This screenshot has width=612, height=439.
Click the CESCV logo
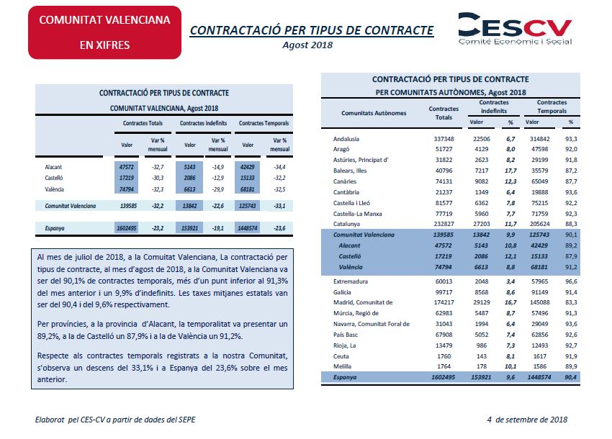(515, 29)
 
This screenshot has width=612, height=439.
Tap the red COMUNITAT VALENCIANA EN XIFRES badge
(104, 32)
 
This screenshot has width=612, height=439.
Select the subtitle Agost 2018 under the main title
(307, 45)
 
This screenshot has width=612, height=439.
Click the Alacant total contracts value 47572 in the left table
(127, 167)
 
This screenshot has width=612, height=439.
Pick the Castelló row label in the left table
(54, 178)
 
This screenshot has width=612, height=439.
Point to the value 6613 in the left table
(189, 189)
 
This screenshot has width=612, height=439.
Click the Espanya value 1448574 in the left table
(248, 228)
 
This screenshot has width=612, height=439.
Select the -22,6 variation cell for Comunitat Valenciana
(217, 206)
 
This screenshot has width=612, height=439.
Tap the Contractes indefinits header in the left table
(203, 123)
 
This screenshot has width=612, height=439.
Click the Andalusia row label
(346, 139)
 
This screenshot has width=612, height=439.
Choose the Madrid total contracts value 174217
(444, 302)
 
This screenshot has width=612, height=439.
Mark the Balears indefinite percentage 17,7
(510, 171)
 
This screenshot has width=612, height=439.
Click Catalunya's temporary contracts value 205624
(539, 224)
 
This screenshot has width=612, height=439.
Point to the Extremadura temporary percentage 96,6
(571, 281)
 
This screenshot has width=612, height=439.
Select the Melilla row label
(342, 366)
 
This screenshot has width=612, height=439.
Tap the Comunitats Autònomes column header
(374, 113)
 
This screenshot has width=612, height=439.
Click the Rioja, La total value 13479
(444, 345)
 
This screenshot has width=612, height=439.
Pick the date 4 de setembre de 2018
(527, 420)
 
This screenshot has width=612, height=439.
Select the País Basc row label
(346, 335)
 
